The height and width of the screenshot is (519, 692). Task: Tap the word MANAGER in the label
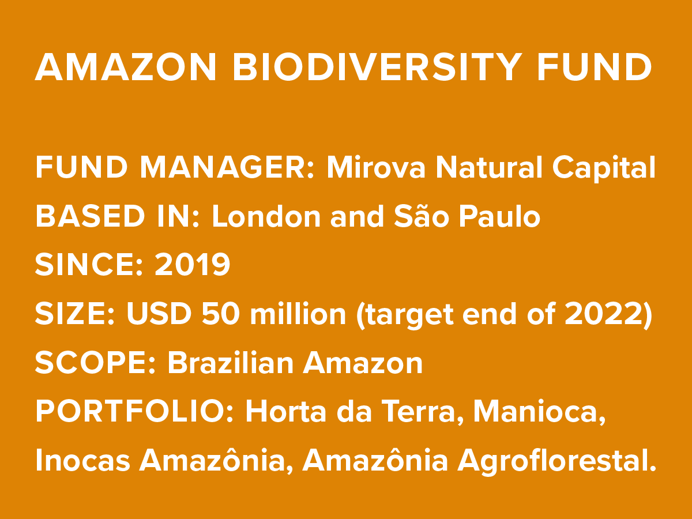(x=227, y=167)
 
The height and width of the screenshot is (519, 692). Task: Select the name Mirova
(x=376, y=167)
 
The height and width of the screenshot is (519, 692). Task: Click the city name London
(x=266, y=216)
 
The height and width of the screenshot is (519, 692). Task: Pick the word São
(x=421, y=216)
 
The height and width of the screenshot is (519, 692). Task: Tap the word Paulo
(x=500, y=216)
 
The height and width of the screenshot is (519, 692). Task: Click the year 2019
(x=192, y=265)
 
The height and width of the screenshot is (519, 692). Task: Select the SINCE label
(x=89, y=265)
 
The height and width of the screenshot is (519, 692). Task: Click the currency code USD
(x=159, y=314)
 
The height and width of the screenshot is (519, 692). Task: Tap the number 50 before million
(x=221, y=314)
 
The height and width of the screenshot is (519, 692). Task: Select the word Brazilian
(x=230, y=362)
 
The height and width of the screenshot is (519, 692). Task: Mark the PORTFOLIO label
(x=134, y=411)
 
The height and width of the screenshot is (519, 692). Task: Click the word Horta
(x=285, y=411)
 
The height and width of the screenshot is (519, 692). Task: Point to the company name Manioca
(x=539, y=412)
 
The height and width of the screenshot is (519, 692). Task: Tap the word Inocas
(x=82, y=460)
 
